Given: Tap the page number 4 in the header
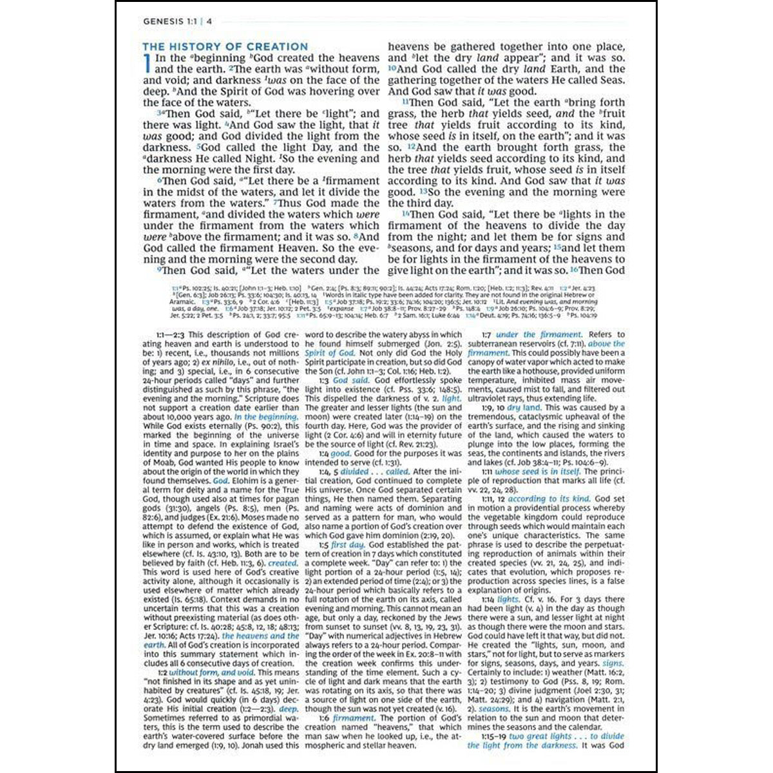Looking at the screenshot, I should (209, 21).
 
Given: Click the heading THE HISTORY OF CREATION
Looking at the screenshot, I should (225, 46).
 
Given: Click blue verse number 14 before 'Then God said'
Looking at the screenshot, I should (406, 215).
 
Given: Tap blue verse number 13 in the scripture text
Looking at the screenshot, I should (424, 192).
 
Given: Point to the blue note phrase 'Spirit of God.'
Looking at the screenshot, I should (329, 353).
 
